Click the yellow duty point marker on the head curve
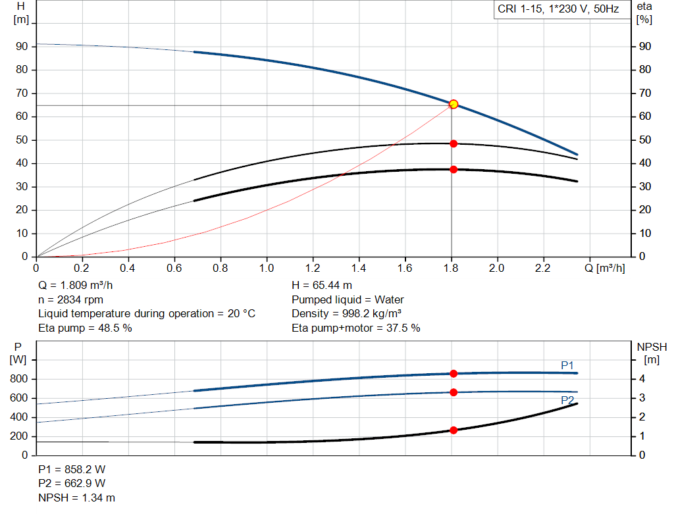pyautogui.click(x=453, y=104)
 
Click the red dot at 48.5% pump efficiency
pyautogui.click(x=454, y=143)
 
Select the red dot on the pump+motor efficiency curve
pyautogui.click(x=454, y=169)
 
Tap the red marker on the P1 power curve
pyautogui.click(x=454, y=373)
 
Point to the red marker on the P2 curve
pyautogui.click(x=454, y=392)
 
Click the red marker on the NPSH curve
pyautogui.click(x=454, y=430)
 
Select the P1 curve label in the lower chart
pyautogui.click(x=567, y=365)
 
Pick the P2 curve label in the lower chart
pyautogui.click(x=567, y=399)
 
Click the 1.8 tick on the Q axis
pyautogui.click(x=451, y=269)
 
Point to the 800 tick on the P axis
pyautogui.click(x=18, y=379)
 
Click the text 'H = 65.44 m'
pyautogui.click(x=322, y=286)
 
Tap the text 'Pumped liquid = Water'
pyautogui.click(x=348, y=299)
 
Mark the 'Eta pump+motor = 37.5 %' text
pyautogui.click(x=355, y=328)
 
